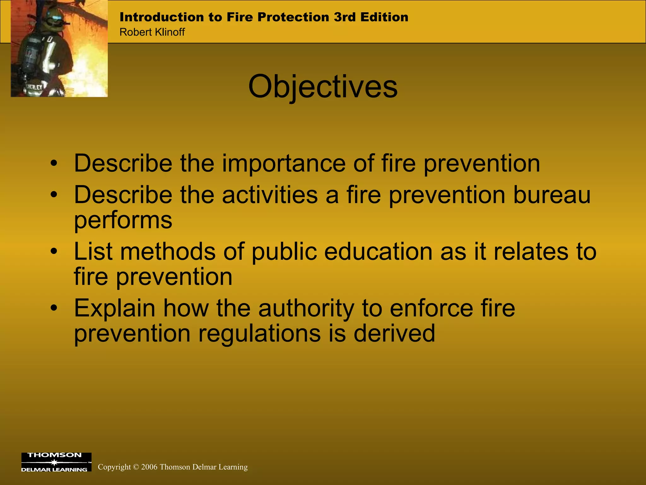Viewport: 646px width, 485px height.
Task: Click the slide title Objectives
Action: [323, 87]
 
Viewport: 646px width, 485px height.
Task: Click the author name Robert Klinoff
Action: [152, 32]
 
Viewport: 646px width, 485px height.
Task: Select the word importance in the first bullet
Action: [284, 164]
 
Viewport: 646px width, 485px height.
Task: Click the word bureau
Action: [552, 195]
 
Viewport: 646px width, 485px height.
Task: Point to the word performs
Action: [123, 220]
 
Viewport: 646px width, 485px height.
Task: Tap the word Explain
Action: [115, 308]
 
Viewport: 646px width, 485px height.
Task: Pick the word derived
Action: [394, 333]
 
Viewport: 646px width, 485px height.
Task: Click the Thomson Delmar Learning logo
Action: [56, 462]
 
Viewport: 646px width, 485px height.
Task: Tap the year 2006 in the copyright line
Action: [149, 467]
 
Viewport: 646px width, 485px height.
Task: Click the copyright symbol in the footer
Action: [136, 467]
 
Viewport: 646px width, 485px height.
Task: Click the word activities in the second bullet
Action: [270, 195]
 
